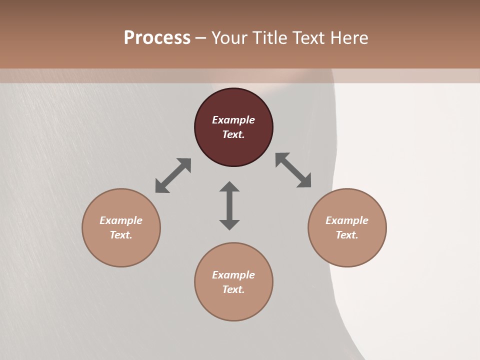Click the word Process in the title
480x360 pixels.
(157, 38)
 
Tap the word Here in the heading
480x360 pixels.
(347, 38)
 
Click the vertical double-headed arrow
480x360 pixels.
(229, 205)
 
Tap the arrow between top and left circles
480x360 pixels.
(173, 175)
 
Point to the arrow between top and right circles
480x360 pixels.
(293, 170)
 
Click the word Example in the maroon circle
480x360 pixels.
(233, 120)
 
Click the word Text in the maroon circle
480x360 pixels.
(233, 134)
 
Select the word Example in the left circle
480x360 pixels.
(121, 220)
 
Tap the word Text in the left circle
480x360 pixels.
(120, 235)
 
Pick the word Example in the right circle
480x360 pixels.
(347, 220)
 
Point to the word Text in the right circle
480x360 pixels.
(346, 235)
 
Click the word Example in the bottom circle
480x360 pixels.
(233, 275)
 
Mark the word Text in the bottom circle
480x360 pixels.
(233, 289)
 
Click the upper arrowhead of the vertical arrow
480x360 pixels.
(229, 186)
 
